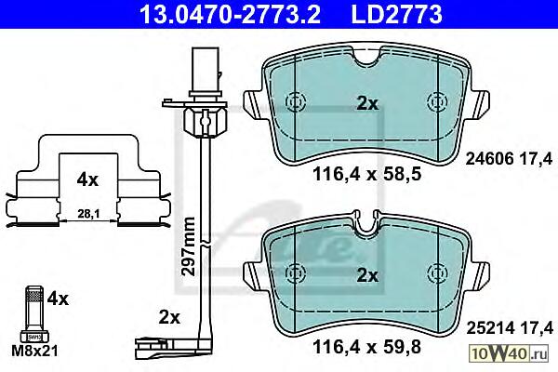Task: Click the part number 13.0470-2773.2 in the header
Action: pyautogui.click(x=231, y=15)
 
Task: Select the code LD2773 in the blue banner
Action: pyautogui.click(x=397, y=15)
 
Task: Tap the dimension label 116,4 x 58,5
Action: pyautogui.click(x=367, y=175)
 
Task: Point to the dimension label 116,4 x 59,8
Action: pyautogui.click(x=367, y=346)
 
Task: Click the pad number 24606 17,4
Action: pyautogui.click(x=510, y=159)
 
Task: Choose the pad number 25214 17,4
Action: pyautogui.click(x=510, y=328)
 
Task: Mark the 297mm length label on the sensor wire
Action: pyautogui.click(x=188, y=246)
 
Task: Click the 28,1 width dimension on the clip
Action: pyautogui.click(x=88, y=214)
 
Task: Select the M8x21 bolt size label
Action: pyautogui.click(x=34, y=351)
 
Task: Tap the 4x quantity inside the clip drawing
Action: pyautogui.click(x=87, y=180)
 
